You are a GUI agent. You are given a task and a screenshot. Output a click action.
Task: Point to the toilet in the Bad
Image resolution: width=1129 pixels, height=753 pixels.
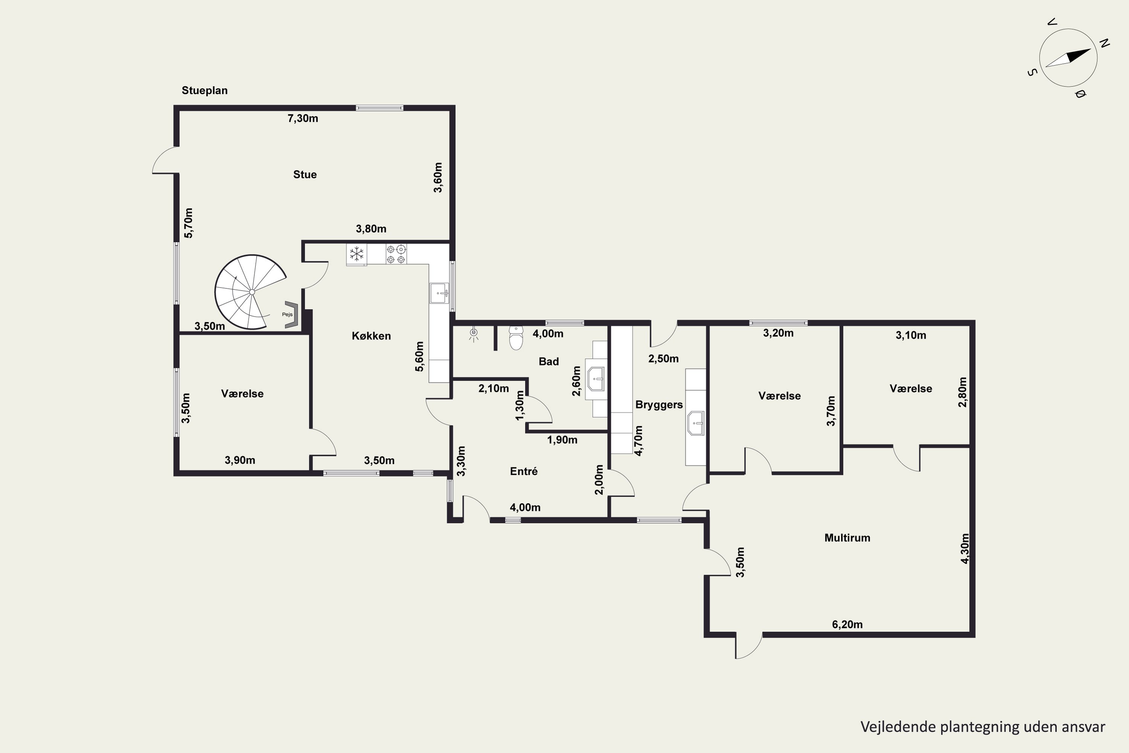point(516,338)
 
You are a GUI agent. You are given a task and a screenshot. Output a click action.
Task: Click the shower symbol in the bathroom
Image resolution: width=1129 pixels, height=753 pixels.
point(474,333)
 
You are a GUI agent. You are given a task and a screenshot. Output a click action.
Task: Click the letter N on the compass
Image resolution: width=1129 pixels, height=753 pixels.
point(1105,43)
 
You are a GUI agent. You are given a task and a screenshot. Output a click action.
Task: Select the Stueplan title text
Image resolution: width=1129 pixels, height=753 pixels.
point(204,90)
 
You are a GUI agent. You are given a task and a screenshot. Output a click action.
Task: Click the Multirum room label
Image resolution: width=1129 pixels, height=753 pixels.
point(847,538)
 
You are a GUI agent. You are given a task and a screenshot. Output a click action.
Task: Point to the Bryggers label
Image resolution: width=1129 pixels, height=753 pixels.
point(659,405)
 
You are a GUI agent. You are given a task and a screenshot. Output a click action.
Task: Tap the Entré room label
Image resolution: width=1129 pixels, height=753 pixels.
point(524,471)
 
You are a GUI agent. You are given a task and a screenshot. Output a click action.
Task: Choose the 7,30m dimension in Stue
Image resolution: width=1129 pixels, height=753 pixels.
point(303,118)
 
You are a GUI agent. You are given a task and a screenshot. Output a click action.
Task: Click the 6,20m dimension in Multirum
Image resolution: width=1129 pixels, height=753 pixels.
point(847,624)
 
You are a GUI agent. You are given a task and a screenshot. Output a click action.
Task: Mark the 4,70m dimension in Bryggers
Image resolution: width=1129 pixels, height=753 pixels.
point(638,441)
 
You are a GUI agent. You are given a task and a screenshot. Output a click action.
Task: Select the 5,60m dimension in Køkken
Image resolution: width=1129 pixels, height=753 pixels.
point(420,356)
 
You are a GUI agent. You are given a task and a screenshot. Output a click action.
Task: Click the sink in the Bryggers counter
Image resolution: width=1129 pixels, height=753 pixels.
point(695,423)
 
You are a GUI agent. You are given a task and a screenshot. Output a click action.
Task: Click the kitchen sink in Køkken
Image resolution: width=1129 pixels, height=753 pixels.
point(439,293)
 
